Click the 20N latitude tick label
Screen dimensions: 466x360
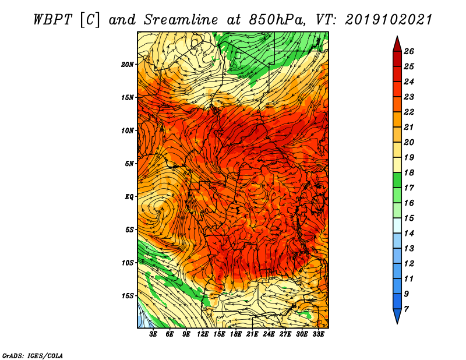[127, 65]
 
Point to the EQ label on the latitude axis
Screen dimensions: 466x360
[129, 197]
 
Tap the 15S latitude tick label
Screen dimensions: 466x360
[127, 296]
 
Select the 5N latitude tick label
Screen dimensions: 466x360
[129, 164]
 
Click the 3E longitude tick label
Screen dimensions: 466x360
[153, 334]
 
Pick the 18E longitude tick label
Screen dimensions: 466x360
[235, 334]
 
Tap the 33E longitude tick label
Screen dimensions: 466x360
[318, 334]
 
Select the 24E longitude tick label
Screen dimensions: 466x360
[269, 334]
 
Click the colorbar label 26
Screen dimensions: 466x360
[409, 51]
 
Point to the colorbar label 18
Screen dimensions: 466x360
[409, 172]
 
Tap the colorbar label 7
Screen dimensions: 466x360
[406, 309]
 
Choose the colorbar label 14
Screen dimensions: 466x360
[409, 234]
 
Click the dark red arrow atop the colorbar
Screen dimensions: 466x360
[397, 44]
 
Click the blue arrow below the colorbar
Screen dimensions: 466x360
[397, 316]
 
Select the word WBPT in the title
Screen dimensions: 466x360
[52, 20]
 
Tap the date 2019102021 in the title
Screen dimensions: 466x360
[389, 20]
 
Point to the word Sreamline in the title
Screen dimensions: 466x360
[181, 20]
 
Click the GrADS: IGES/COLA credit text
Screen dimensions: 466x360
[33, 356]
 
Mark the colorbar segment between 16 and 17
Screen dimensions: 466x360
[397, 195]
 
